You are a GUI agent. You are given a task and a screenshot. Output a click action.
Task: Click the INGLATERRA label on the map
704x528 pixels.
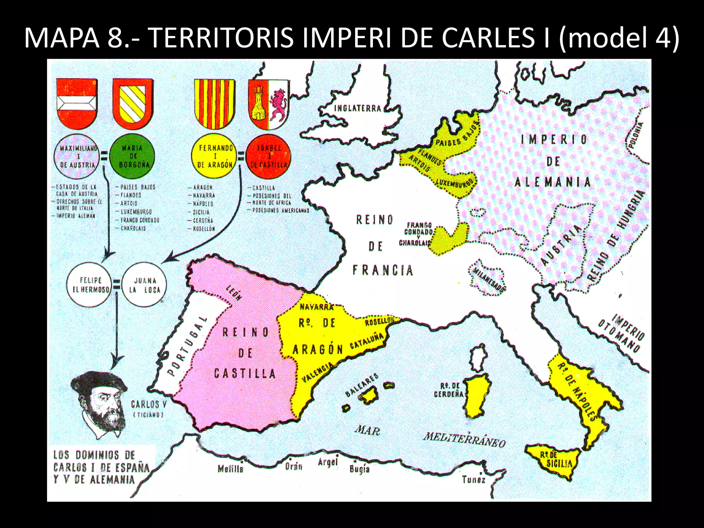357,108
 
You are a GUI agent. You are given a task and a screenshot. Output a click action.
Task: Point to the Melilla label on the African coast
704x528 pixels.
230,469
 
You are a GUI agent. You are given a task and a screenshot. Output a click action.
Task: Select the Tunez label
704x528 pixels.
473,479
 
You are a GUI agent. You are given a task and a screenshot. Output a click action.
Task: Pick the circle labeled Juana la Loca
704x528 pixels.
144,285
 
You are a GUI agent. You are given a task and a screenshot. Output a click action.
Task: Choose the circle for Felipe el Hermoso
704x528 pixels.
90,285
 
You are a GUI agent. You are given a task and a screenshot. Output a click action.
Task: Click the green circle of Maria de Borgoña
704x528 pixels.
132,156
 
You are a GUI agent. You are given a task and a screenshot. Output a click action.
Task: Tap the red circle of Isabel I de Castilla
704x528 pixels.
269,156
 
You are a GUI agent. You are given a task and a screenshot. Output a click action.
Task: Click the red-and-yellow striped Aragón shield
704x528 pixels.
215,103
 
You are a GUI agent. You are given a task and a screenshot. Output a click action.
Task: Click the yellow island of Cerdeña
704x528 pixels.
478,395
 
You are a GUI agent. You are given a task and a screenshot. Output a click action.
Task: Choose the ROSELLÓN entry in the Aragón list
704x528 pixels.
203,229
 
